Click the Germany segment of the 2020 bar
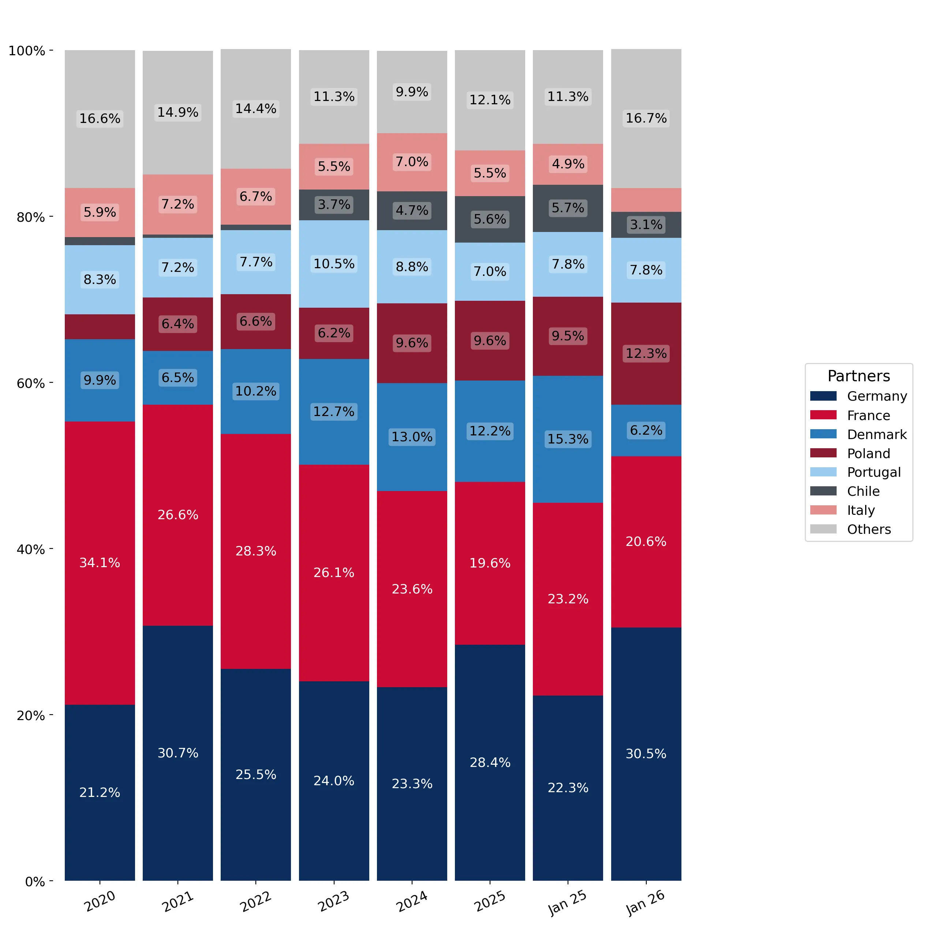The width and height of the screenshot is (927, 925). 100,792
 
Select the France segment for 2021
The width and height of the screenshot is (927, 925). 177,515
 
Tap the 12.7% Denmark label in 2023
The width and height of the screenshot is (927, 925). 334,412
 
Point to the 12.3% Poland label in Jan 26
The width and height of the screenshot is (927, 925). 646,353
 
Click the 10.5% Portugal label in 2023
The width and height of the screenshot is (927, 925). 334,264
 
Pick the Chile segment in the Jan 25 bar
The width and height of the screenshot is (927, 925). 568,208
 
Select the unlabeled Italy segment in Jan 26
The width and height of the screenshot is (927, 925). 646,199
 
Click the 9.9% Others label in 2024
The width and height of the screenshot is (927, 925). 412,91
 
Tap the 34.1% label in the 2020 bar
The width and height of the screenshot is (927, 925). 100,563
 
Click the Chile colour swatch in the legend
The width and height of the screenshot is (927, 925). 823,491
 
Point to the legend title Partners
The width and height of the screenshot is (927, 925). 859,376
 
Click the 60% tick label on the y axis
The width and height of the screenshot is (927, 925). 31,383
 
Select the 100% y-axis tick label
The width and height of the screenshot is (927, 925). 27,51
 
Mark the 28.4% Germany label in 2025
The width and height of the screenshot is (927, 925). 490,763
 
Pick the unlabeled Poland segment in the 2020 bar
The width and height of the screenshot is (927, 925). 100,327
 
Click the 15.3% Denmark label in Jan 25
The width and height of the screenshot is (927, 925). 568,439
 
